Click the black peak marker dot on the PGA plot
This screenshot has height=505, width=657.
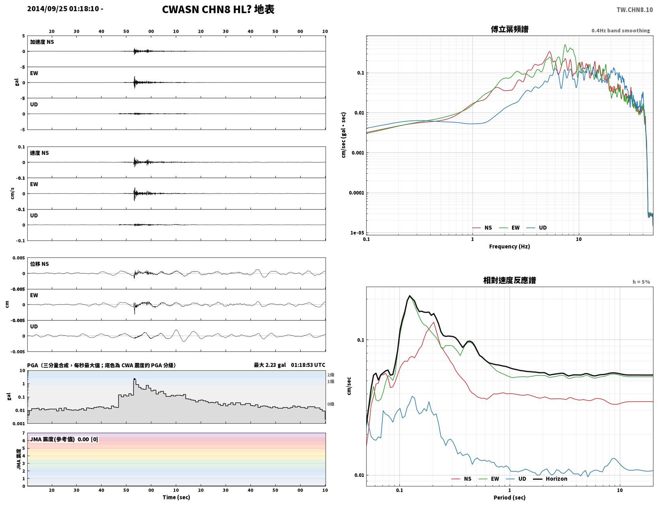click(135, 379)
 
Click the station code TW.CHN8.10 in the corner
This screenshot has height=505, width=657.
click(634, 9)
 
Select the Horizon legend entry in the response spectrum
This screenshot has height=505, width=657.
click(550, 479)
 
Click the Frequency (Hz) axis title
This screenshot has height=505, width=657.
click(510, 246)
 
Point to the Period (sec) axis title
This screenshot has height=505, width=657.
click(510, 497)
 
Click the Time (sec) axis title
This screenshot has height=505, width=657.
click(176, 497)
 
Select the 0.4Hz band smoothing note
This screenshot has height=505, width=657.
click(621, 30)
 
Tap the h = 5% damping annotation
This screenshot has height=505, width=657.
click(641, 282)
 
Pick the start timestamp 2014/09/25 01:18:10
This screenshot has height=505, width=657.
click(63, 8)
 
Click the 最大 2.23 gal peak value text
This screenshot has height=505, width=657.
click(270, 365)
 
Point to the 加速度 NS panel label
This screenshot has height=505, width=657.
click(42, 42)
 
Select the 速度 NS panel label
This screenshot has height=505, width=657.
click(39, 153)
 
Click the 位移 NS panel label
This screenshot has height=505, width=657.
click(39, 264)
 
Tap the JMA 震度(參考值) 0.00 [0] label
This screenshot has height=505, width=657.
click(64, 439)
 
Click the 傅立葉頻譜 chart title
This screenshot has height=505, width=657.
click(510, 29)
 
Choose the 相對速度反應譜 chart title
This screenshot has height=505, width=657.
click(510, 280)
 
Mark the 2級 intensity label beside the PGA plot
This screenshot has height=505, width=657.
click(331, 375)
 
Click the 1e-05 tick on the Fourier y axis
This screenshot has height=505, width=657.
click(357, 233)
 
